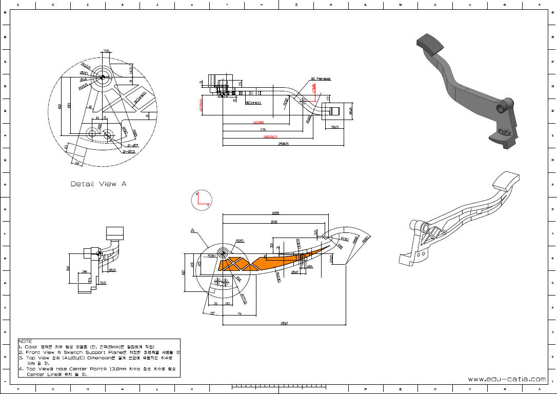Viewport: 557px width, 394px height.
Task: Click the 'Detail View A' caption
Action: (x=98, y=184)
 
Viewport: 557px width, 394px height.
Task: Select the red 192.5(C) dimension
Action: (x=270, y=137)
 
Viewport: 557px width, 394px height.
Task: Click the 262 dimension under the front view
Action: (x=284, y=323)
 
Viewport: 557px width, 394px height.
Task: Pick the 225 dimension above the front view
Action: (x=275, y=213)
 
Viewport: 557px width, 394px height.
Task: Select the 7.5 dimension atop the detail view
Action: (x=106, y=51)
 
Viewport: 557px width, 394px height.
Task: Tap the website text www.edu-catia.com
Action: (x=506, y=379)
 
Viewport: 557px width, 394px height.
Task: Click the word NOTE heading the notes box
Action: (x=25, y=341)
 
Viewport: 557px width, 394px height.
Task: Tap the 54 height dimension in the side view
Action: (x=69, y=268)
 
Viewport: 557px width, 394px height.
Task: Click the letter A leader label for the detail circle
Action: (x=193, y=231)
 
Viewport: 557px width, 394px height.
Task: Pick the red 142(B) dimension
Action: (x=258, y=123)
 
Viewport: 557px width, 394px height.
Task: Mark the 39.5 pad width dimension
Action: (x=334, y=127)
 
